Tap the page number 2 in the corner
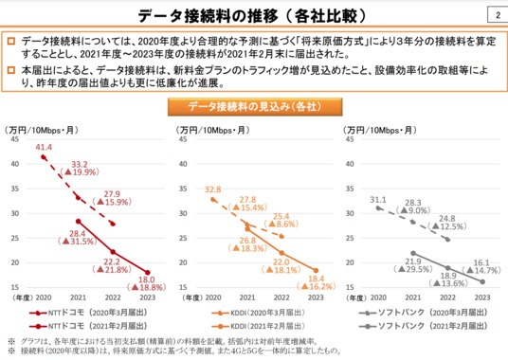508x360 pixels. click(x=498, y=14)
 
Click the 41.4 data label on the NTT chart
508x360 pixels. click(x=44, y=148)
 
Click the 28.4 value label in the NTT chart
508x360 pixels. click(x=78, y=233)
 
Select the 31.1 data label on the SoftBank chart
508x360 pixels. click(x=378, y=199)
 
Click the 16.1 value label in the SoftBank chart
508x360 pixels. click(x=481, y=261)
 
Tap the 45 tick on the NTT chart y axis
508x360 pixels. click(x=14, y=138)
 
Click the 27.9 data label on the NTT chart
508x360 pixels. click(x=113, y=194)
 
